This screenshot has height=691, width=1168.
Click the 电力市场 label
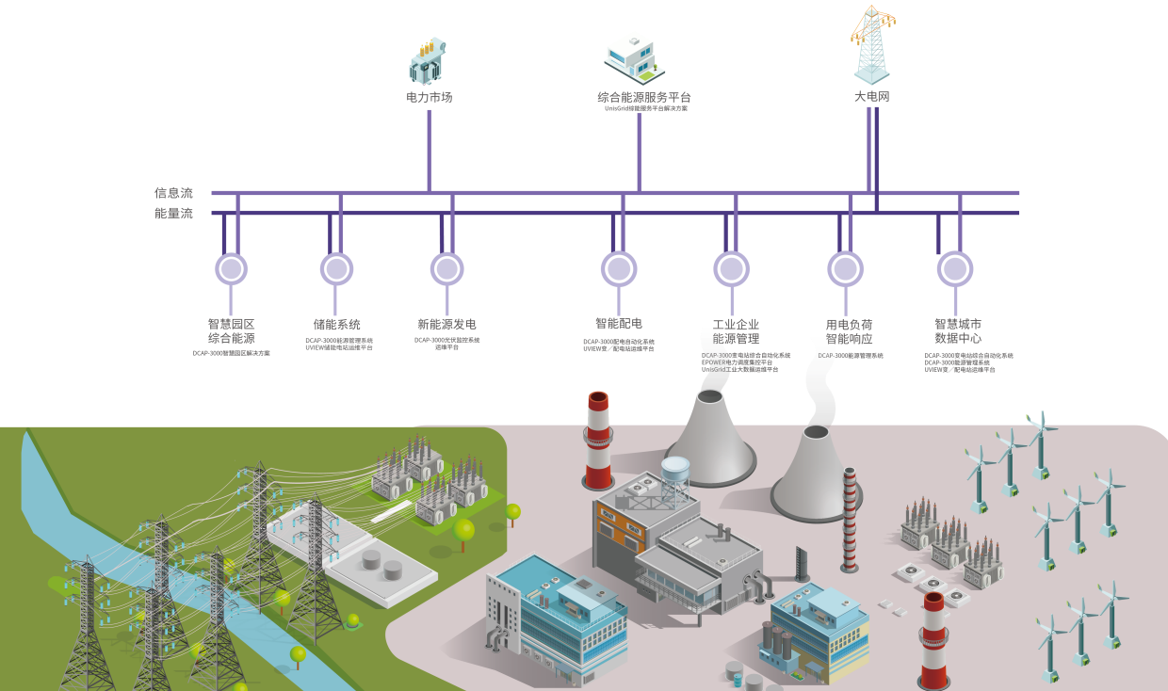pyautogui.click(x=429, y=97)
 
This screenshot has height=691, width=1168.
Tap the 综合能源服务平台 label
pyautogui.click(x=644, y=97)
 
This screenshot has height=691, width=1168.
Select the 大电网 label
pyautogui.click(x=871, y=97)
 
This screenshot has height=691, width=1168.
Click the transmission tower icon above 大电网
pyautogui.click(x=871, y=45)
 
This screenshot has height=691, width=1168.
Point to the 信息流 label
pyautogui.click(x=173, y=193)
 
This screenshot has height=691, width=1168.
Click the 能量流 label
pyautogui.click(x=173, y=214)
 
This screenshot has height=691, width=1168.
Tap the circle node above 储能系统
pyautogui.click(x=336, y=269)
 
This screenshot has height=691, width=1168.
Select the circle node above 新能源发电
pyautogui.click(x=446, y=269)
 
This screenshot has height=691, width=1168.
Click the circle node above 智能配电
pyautogui.click(x=619, y=269)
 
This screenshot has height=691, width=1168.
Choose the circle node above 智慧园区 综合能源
pyautogui.click(x=231, y=269)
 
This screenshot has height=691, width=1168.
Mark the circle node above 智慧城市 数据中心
pyautogui.click(x=954, y=269)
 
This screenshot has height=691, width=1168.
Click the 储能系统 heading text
pyautogui.click(x=337, y=325)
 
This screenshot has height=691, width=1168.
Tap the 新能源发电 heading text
pyautogui.click(x=446, y=325)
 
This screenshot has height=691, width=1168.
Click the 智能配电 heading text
pyautogui.click(x=619, y=324)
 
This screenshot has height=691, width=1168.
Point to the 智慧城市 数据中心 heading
pyautogui.click(x=957, y=330)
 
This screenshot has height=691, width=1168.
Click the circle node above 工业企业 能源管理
pyautogui.click(x=732, y=269)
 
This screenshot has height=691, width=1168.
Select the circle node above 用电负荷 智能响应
pyautogui.click(x=845, y=269)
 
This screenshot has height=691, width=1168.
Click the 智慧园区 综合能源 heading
pyautogui.click(x=232, y=330)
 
